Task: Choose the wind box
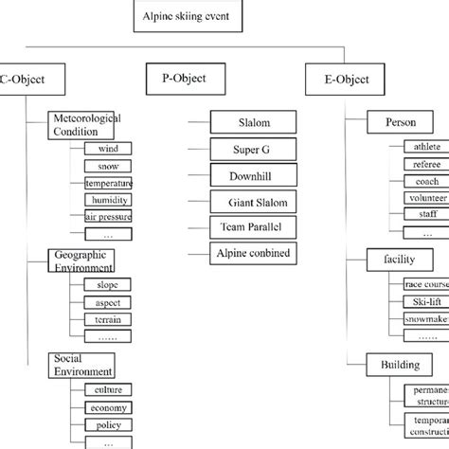[107, 149]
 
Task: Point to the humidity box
[107, 200]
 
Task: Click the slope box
[107, 285]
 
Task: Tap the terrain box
[107, 320]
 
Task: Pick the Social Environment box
[84, 366]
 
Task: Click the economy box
[107, 407]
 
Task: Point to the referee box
[425, 164]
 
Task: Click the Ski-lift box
[425, 301]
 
